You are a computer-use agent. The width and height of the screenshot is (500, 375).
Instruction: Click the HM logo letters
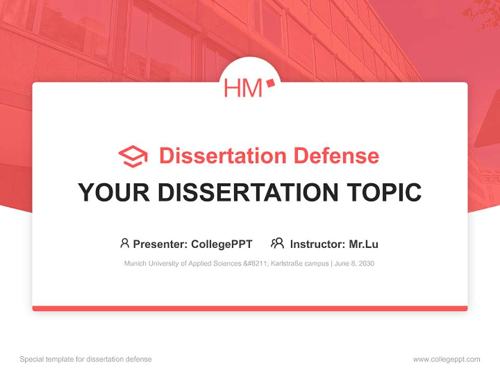click(x=243, y=88)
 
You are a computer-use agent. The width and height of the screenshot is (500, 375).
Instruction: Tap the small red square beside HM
click(x=270, y=83)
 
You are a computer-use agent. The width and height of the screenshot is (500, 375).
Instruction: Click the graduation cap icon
click(x=133, y=156)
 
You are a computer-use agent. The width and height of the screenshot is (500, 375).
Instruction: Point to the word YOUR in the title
click(x=114, y=192)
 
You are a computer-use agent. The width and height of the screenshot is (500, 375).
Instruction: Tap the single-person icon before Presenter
click(x=124, y=243)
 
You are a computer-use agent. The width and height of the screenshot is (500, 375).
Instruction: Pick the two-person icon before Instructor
click(x=278, y=243)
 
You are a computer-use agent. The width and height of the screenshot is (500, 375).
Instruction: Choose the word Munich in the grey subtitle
click(x=134, y=264)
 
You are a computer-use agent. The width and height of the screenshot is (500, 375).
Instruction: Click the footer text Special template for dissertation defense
click(x=85, y=359)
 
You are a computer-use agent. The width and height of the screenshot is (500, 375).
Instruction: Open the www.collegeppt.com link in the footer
click(x=446, y=359)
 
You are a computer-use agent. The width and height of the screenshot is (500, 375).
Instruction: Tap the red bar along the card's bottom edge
click(x=250, y=308)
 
